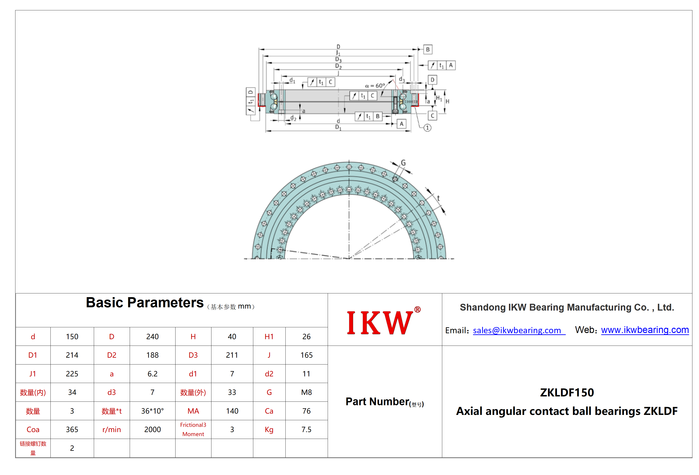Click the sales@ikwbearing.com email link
click(x=519, y=330)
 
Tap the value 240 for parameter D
click(x=152, y=337)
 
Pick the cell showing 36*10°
click(x=152, y=411)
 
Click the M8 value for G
click(x=307, y=392)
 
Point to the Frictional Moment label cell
click(x=193, y=429)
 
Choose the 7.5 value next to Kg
click(x=307, y=430)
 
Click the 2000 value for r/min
click(x=152, y=430)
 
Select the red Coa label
click(x=33, y=430)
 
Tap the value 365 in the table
click(x=72, y=430)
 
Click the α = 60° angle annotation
click(x=375, y=86)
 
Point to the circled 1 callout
click(x=427, y=128)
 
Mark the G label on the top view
click(x=403, y=163)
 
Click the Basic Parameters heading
click(x=145, y=302)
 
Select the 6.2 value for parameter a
click(x=152, y=374)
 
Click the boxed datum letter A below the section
click(x=401, y=124)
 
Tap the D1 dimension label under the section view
click(x=338, y=127)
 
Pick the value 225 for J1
click(x=72, y=374)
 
